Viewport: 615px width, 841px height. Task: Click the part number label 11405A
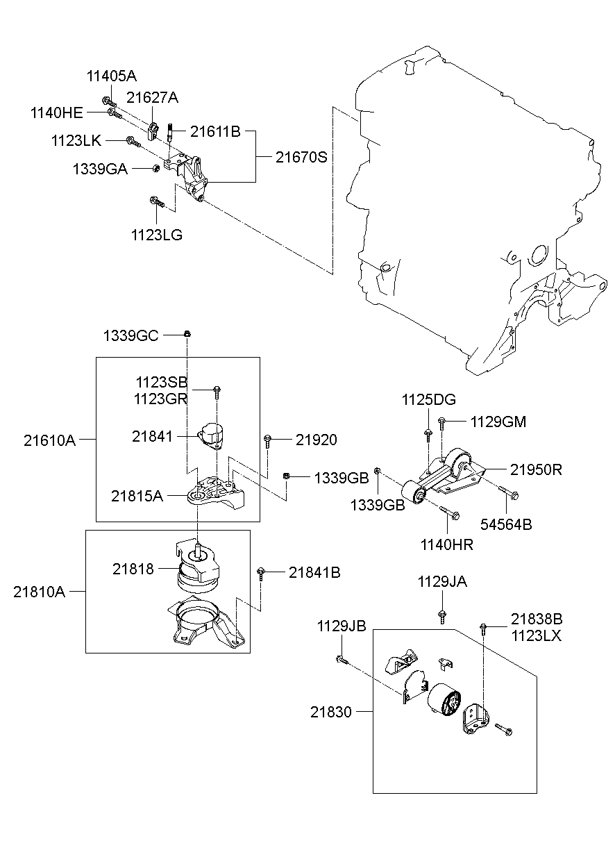[x=111, y=76]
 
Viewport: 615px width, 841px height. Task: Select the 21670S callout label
[x=301, y=157]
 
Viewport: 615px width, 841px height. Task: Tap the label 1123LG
[x=156, y=235]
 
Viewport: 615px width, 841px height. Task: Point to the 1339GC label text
[x=130, y=335]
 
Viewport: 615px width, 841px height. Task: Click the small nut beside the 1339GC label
[x=187, y=335]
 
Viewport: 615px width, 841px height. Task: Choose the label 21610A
[x=49, y=439]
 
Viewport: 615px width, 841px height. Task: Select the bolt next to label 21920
[x=268, y=439]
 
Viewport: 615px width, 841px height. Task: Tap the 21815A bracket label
[x=137, y=495]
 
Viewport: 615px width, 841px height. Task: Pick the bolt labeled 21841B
[x=261, y=572]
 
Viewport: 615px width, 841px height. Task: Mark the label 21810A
[x=38, y=592]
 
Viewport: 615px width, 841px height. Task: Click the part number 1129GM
[x=498, y=421]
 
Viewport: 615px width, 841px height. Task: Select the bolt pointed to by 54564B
[x=508, y=494]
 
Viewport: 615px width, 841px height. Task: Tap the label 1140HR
[x=446, y=545]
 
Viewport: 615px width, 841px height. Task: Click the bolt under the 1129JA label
[x=441, y=615]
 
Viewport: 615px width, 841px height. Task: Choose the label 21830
[x=331, y=711]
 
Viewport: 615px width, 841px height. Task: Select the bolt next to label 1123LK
[x=133, y=142]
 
